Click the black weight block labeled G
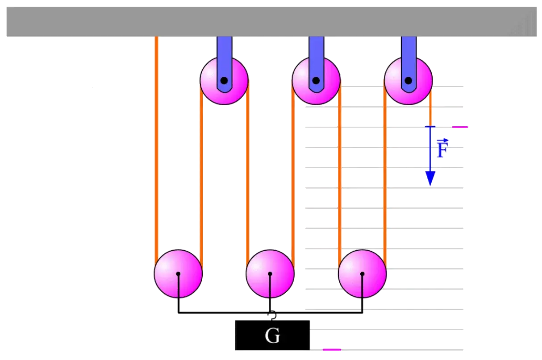[x=272, y=335]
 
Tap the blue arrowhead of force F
[x=430, y=178]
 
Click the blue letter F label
[x=442, y=148]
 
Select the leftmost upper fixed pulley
[x=224, y=80]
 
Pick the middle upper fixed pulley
[x=316, y=80]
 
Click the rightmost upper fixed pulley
[x=409, y=80]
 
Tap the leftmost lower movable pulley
[x=178, y=274]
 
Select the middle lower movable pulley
[x=270, y=274]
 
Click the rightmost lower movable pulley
[x=362, y=274]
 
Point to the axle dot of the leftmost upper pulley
[x=224, y=80]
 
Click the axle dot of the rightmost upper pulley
[x=409, y=80]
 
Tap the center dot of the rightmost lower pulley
[x=362, y=274]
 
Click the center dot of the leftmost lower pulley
[x=178, y=274]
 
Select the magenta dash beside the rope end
[x=460, y=127]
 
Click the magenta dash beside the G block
[x=332, y=350]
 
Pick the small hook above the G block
[x=273, y=315]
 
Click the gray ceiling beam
[x=271, y=21]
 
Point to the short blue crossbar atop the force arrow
[x=430, y=127]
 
